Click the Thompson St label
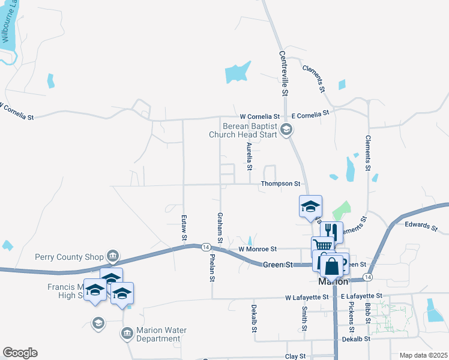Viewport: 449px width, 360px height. point(280,184)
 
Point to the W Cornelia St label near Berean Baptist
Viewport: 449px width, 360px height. point(260,116)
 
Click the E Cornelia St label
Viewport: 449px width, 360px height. point(310,113)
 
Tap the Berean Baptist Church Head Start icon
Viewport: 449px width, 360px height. point(287,128)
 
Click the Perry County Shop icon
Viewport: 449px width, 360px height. point(112,257)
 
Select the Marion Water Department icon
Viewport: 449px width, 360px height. point(127,334)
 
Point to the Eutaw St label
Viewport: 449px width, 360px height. point(184,229)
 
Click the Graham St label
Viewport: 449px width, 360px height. point(221,229)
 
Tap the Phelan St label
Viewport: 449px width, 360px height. point(212,268)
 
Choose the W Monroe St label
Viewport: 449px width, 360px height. point(257,248)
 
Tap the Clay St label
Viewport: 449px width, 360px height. point(295,356)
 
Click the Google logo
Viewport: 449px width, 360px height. point(20,353)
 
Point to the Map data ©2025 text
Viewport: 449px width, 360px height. point(423,355)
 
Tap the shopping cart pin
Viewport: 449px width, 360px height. point(322,245)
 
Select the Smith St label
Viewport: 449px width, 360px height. point(304,319)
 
